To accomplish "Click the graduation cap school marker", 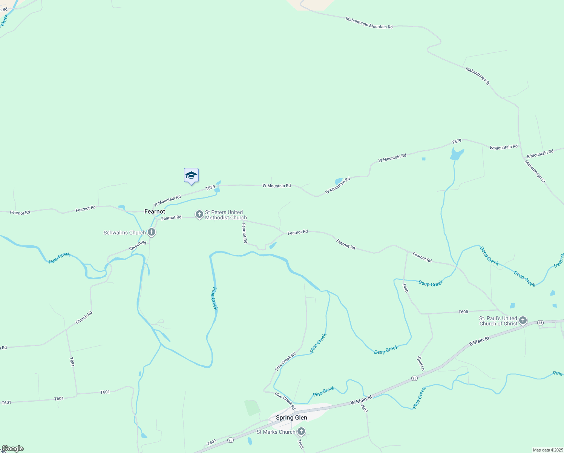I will click(x=191, y=176).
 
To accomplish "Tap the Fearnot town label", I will click(x=155, y=211).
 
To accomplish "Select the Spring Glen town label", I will click(x=291, y=418).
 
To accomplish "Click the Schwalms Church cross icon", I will click(x=152, y=232).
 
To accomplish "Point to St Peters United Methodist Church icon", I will click(x=199, y=214).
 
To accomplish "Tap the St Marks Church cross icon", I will click(x=301, y=431).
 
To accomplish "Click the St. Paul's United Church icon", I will click(x=523, y=320).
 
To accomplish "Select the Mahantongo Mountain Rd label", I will click(x=369, y=23).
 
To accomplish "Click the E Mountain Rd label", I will click(x=540, y=154).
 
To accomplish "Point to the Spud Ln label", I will click(x=421, y=363).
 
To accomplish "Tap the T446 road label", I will click(x=405, y=288).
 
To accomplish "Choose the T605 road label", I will click(x=463, y=312).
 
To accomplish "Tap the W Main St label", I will click(x=361, y=400).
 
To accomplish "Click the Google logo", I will click(x=13, y=448).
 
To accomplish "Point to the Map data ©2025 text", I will click(x=547, y=450).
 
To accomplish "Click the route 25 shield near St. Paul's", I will click(x=540, y=322).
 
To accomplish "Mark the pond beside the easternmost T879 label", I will click(x=457, y=154).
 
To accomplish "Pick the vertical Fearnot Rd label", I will click(x=244, y=233).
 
